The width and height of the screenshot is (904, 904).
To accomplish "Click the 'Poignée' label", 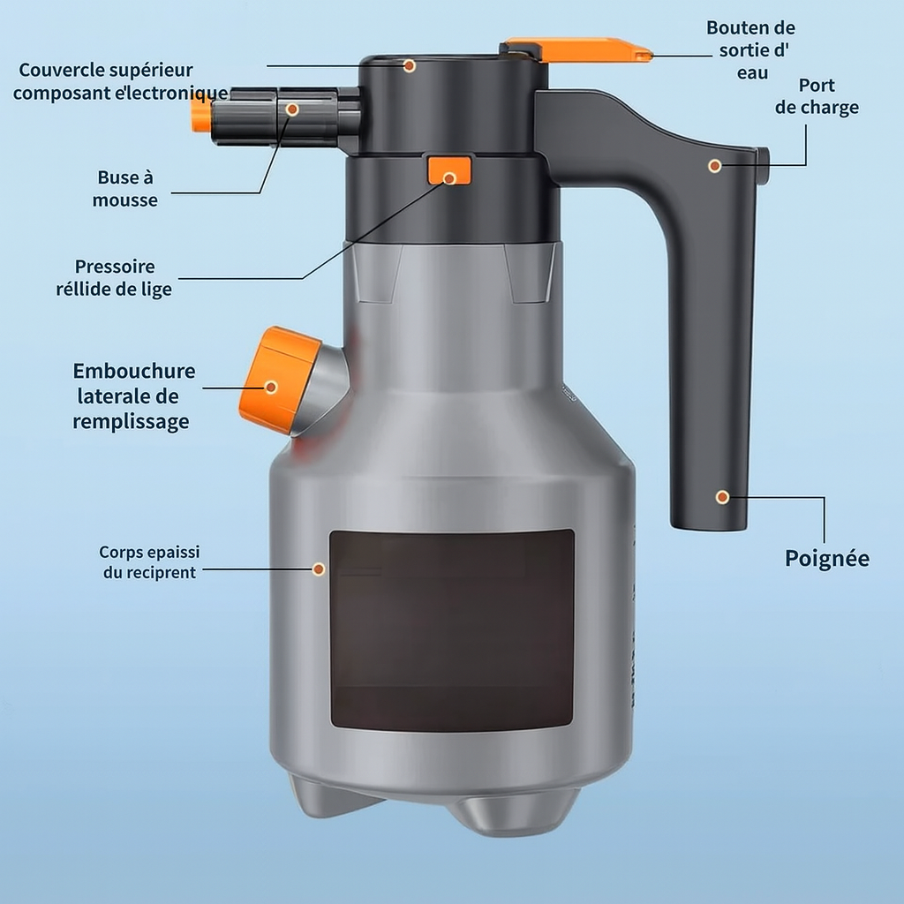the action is tap(826, 558).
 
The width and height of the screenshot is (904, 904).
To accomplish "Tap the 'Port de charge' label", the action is tap(817, 96).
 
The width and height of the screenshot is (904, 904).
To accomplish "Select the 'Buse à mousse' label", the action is tap(125, 189).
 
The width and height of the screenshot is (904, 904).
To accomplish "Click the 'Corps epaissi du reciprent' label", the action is tap(149, 562).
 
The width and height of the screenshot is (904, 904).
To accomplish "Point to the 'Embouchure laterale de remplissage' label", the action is tap(134, 396).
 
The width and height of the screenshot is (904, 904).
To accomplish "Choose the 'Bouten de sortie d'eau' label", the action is tap(750, 50).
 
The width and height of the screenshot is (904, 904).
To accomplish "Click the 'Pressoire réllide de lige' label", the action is tap(114, 277).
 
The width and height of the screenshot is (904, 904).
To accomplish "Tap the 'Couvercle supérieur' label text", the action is tap(106, 70).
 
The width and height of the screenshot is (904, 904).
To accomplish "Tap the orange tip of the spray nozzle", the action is tap(200, 116).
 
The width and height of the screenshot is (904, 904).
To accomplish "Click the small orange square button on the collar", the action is tap(449, 170).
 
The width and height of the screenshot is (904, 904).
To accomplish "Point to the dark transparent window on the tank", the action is tap(452, 630).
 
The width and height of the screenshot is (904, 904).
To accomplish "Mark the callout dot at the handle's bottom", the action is tap(722, 497).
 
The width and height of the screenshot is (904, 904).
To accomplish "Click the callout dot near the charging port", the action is tap(715, 166).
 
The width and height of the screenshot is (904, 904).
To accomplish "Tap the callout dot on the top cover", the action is tap(410, 65).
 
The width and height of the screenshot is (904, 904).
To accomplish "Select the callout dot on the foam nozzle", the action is tap(292, 109).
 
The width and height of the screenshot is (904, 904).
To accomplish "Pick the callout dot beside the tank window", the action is tap(318, 569).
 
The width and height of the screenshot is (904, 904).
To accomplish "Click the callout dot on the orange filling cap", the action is tap(271, 387).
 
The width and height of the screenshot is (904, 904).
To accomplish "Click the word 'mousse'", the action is tap(125, 200).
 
